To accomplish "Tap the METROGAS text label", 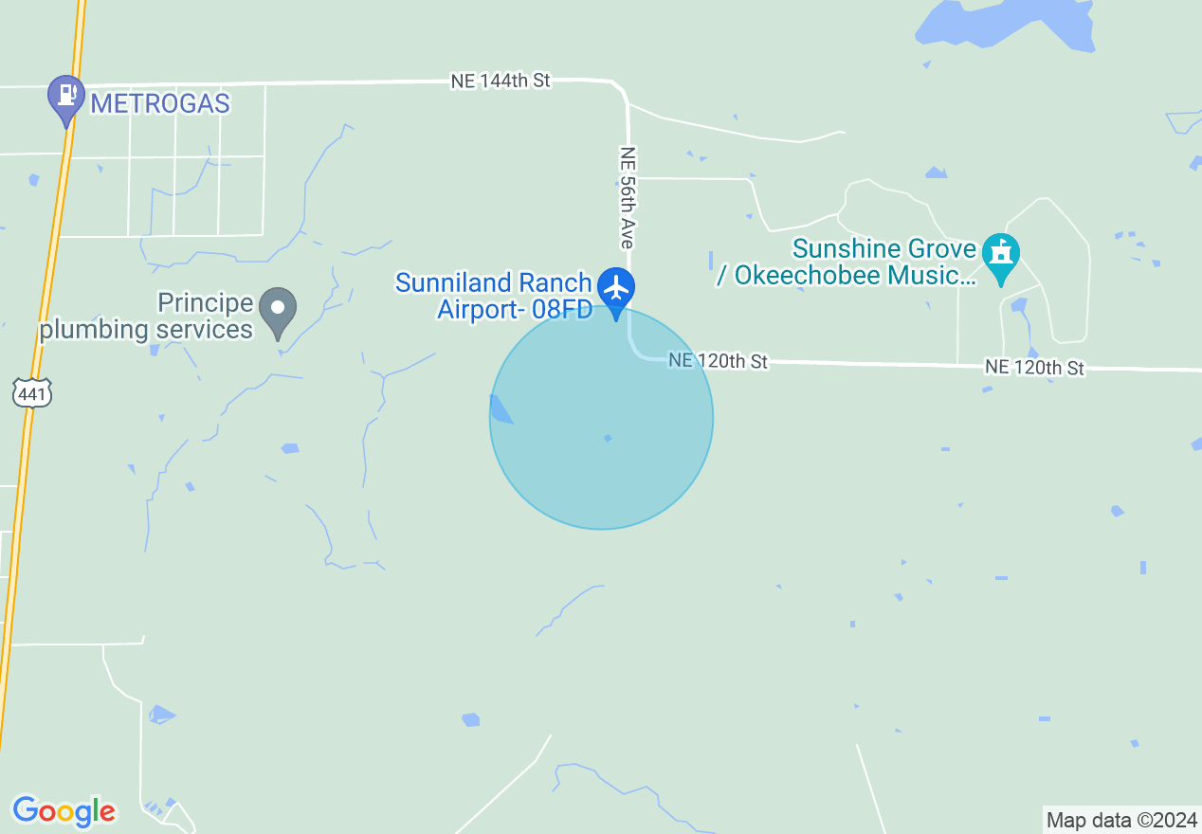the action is [160, 103].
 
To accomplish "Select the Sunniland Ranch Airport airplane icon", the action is [617, 286].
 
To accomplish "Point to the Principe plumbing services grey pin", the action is [278, 310].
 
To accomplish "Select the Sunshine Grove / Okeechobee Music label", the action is [872, 263].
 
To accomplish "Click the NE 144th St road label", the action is [501, 82].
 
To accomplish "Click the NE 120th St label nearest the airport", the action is [718, 361].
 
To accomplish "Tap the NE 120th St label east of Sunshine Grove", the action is [1034, 367].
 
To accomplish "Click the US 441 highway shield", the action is [32, 392].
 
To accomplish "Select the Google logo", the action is [64, 811].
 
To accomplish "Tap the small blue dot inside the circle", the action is [608, 438].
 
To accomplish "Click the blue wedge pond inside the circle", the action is [500, 409].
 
